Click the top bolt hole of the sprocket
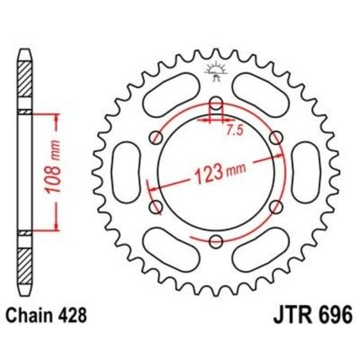click(216, 102)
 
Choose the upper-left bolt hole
click(156, 137)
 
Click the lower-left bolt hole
click(156, 206)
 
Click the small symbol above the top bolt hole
click(216, 71)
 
